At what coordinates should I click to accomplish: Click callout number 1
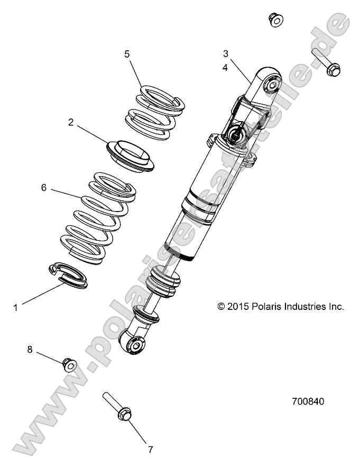click(x=15, y=307)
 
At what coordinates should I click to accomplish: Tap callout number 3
click(x=225, y=53)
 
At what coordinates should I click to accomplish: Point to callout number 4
click(x=225, y=67)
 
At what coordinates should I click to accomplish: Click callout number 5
click(x=127, y=54)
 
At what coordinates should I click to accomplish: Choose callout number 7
click(x=150, y=450)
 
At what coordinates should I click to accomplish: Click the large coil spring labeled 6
click(x=97, y=217)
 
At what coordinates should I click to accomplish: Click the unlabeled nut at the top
click(x=275, y=20)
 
